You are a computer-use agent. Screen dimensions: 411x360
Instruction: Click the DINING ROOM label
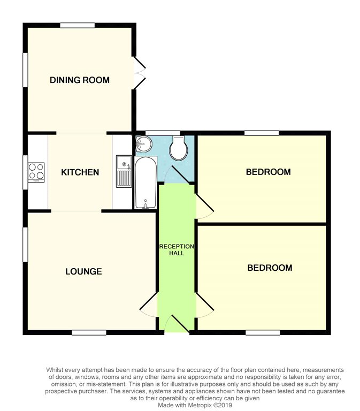[80, 80]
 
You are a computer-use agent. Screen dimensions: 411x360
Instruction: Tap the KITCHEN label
[80, 172]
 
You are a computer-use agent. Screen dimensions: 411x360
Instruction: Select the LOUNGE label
[83, 271]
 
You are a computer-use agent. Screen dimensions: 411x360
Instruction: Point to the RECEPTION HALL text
[177, 249]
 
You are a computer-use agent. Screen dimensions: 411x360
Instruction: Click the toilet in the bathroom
[177, 147]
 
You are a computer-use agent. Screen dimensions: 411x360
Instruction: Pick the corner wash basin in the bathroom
[143, 143]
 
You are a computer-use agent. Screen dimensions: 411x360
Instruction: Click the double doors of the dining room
[139, 73]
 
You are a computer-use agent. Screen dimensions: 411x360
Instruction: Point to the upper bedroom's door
[204, 206]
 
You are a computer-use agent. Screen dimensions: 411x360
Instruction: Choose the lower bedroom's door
[204, 305]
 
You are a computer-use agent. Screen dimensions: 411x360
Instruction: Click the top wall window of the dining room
[77, 25]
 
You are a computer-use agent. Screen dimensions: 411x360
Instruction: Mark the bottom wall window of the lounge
[89, 332]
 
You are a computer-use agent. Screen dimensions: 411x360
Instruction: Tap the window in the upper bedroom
[262, 132]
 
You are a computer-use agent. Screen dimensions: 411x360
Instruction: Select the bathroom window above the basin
[163, 132]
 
